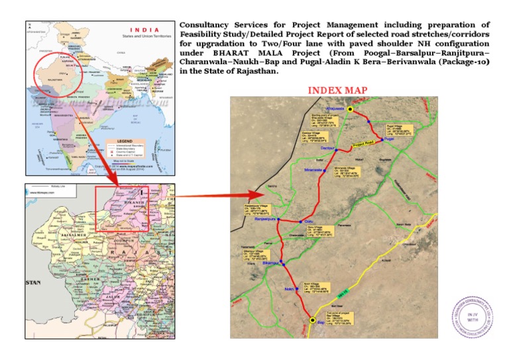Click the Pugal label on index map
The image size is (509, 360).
[389, 139]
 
